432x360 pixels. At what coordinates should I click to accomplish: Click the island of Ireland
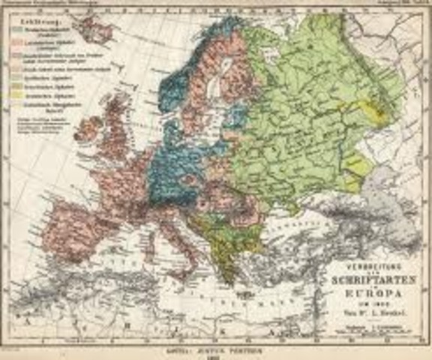(87, 129)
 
